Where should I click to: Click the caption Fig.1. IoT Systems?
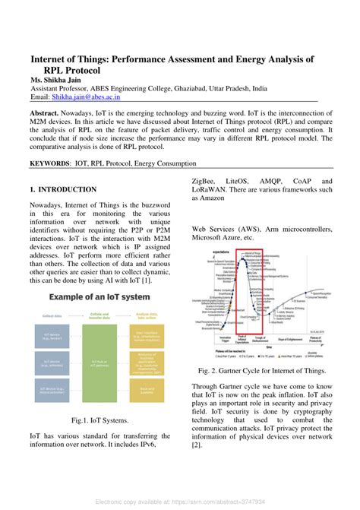click(99, 420)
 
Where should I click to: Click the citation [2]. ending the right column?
click(197, 444)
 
